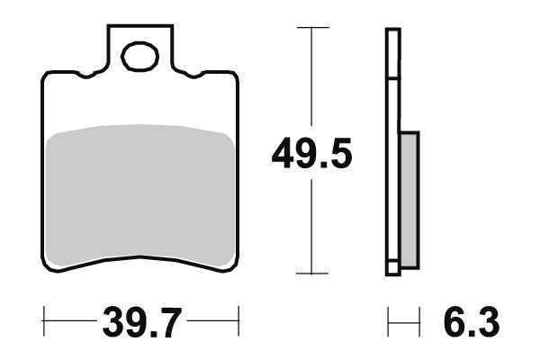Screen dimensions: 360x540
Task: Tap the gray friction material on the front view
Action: point(140,193)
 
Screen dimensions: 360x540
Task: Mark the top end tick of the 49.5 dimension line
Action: point(311,28)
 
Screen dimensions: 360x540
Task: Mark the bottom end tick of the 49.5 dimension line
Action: point(311,274)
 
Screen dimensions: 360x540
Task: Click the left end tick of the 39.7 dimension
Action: point(44,319)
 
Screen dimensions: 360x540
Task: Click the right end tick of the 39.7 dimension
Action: point(238,319)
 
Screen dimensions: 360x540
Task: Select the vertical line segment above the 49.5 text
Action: point(311,81)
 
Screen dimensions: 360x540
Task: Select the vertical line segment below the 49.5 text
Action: point(311,225)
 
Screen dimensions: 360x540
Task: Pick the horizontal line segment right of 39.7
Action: point(211,319)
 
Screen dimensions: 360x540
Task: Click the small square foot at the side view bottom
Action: point(391,267)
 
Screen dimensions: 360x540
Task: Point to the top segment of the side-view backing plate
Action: point(391,54)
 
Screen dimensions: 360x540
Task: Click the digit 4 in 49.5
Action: point(283,155)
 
